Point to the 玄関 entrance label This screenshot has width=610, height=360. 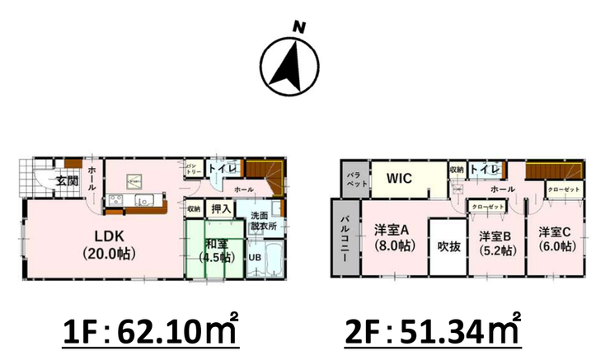(67, 180)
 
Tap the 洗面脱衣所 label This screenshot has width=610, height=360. (263, 220)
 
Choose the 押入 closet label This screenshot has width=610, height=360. (221, 208)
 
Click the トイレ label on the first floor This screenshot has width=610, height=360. (222, 168)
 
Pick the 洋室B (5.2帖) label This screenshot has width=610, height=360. (497, 244)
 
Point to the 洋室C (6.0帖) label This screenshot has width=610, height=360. (556, 237)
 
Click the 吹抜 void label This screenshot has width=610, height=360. (448, 245)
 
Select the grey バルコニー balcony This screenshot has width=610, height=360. (344, 237)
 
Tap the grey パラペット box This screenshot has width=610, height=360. (350, 180)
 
